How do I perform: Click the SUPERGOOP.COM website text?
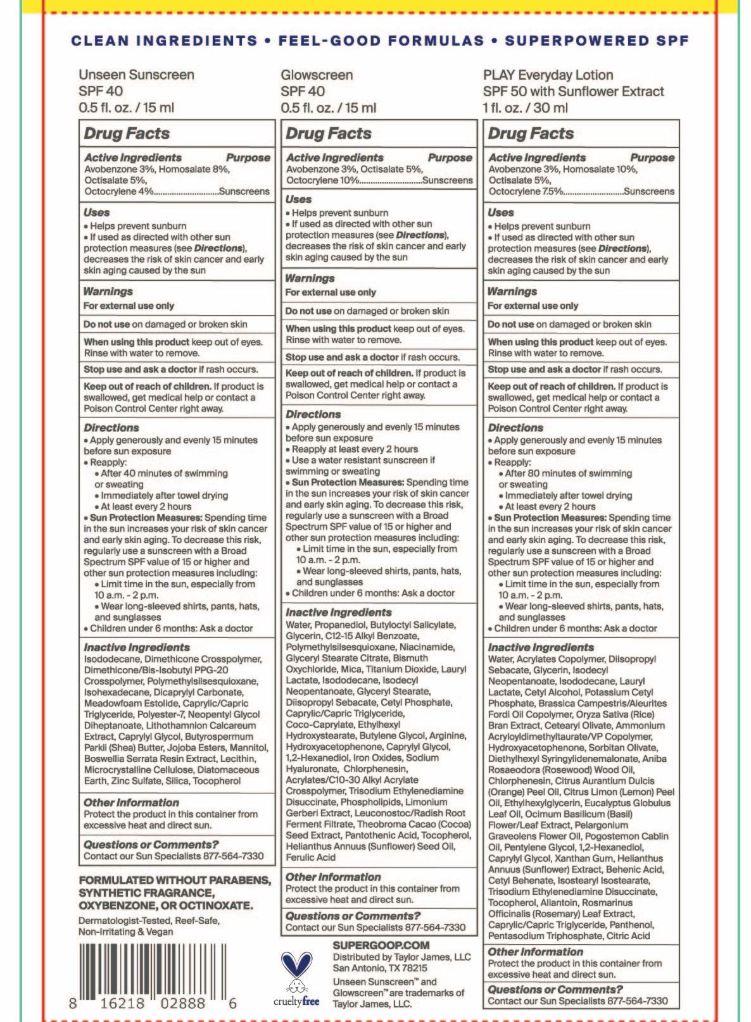click(x=381, y=945)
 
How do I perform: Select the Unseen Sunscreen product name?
click(x=136, y=75)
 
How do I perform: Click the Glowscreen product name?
click(x=317, y=75)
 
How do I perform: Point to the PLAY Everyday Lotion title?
click(x=548, y=75)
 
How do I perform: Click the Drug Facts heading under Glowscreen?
click(x=328, y=134)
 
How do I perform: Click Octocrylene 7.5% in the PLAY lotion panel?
click(x=526, y=191)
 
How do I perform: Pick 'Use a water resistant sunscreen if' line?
click(x=363, y=460)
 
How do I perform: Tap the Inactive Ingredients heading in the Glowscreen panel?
click(x=338, y=612)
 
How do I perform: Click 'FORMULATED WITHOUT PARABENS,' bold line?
click(x=175, y=880)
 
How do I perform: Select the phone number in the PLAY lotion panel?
click(x=629, y=1001)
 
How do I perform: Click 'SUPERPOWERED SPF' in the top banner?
click(x=596, y=41)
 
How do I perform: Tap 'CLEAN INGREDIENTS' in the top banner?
click(x=164, y=41)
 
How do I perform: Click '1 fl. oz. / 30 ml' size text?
click(x=525, y=108)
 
